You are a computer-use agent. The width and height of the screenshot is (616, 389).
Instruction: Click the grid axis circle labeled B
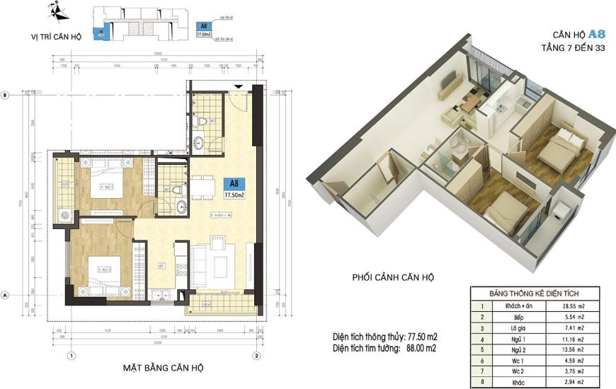pos(5,95)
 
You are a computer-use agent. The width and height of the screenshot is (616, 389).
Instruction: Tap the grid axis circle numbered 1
pos(70,355)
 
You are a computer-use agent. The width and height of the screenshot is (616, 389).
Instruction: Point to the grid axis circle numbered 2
pos(257,355)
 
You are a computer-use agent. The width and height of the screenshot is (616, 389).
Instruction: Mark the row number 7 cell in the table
pos(482,371)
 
